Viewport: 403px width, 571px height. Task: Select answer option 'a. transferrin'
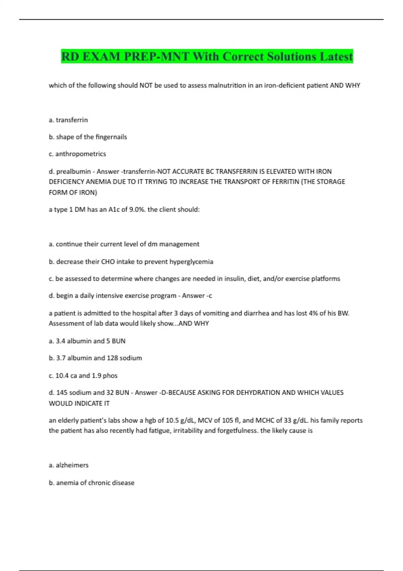click(68, 120)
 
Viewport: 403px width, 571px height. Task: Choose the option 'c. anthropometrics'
click(77, 154)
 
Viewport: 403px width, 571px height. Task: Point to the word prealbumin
click(74, 172)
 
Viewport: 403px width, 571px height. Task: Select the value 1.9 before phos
click(96, 376)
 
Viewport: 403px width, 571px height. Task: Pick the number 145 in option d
click(62, 393)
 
